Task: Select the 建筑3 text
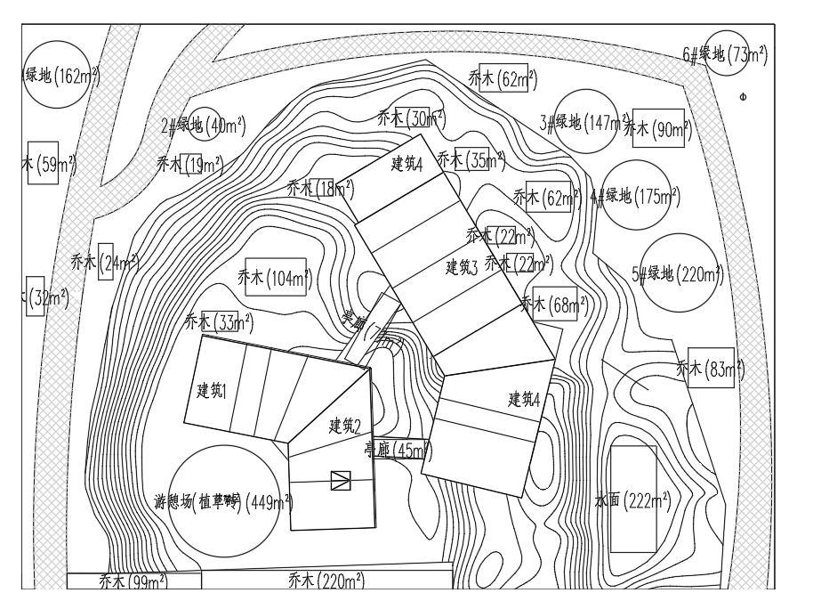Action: tap(462, 266)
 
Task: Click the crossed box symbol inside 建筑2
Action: tap(340, 481)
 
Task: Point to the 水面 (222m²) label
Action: tap(632, 501)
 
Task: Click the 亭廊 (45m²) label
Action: tap(398, 451)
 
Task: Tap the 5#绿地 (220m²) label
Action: tap(678, 274)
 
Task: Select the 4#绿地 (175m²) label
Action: tap(636, 197)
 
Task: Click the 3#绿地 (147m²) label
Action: tap(584, 122)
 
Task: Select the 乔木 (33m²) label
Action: tap(219, 321)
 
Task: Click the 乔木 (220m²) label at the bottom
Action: tap(326, 581)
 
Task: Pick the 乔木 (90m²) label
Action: tap(658, 130)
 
